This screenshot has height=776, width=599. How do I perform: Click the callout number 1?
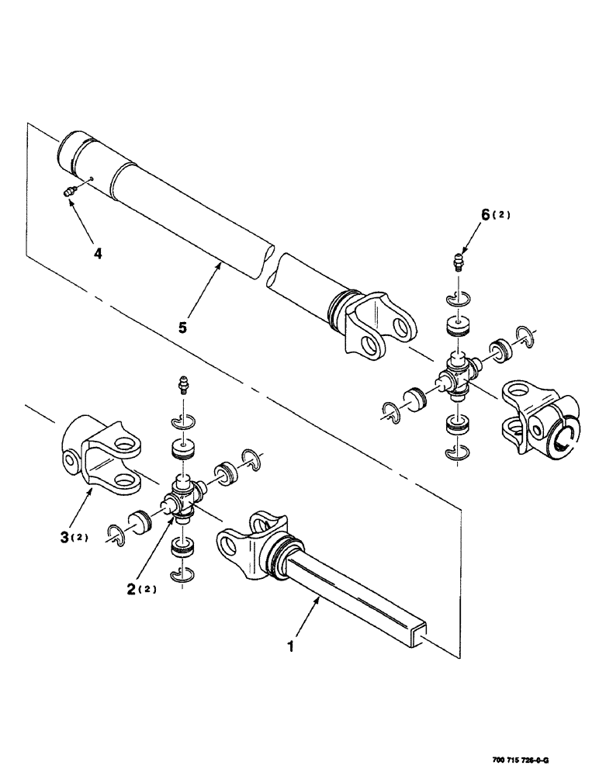click(292, 646)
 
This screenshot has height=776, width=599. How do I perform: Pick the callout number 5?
click(183, 327)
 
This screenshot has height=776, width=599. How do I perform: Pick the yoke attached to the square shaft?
click(248, 551)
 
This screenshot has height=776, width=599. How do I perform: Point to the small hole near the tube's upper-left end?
click(93, 179)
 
